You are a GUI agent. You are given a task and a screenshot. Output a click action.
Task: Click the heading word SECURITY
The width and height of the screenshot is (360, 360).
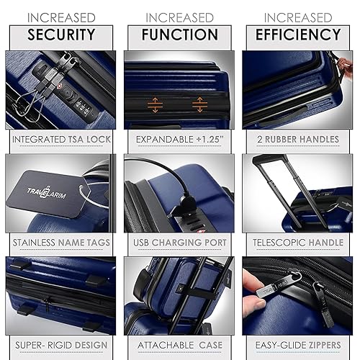61,34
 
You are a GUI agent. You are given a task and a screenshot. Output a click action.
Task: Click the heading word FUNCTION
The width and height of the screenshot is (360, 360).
179,34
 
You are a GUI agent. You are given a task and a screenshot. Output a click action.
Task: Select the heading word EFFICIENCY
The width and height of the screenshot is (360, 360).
298,34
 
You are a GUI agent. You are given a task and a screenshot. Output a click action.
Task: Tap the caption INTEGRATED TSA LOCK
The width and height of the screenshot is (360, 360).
60,139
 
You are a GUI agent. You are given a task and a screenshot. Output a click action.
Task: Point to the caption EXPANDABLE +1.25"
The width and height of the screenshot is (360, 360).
179,139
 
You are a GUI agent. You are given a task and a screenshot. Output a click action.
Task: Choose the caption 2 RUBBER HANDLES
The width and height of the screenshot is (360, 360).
297,139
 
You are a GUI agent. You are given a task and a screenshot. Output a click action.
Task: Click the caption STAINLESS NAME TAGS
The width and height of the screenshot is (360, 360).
60,243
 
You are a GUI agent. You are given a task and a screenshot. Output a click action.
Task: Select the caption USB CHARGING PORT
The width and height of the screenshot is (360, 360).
179,243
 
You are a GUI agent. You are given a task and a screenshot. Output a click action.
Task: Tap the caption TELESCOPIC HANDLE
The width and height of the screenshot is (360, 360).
297,243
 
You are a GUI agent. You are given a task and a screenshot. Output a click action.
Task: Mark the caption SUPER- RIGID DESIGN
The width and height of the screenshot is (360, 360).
60,346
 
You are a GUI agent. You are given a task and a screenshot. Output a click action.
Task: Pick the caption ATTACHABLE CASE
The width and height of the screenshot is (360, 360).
179,346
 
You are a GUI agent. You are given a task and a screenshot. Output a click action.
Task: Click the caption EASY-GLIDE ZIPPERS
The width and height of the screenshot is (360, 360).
297,346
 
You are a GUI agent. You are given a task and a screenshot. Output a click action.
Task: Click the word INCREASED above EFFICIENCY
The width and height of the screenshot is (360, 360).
297,17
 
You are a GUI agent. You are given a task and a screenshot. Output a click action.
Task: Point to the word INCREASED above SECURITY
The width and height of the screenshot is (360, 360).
61,17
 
